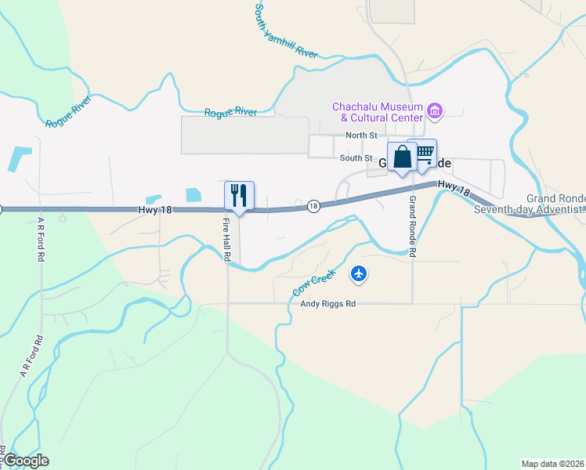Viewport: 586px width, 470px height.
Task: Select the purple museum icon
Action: point(436,111)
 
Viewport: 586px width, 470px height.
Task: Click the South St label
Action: point(354,158)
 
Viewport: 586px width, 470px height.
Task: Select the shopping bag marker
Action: point(402,157)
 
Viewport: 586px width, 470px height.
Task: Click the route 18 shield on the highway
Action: point(313,206)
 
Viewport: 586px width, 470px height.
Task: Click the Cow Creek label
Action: point(314,282)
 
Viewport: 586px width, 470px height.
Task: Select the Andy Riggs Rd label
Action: point(329,303)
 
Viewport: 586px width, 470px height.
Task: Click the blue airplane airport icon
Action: point(360,273)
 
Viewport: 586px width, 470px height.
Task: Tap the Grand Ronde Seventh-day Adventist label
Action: point(555,204)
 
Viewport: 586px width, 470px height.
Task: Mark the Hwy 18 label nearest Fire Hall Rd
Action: point(154,210)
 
